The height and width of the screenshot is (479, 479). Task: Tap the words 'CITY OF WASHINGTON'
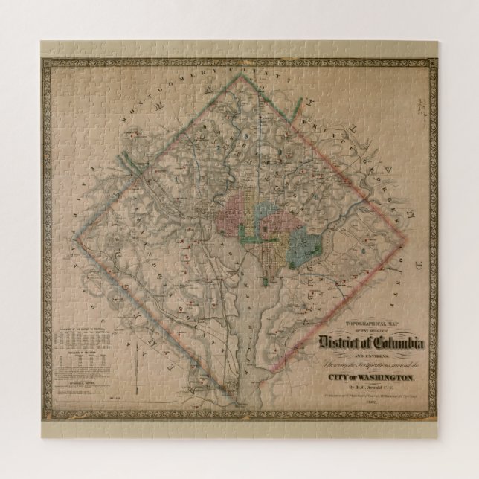[x=366, y=378]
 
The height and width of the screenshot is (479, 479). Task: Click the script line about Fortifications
[x=364, y=367]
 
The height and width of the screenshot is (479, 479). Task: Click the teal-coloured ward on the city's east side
[x=302, y=242]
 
